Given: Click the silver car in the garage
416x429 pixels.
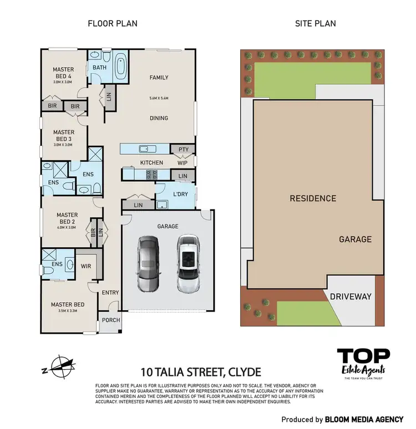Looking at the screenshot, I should (148, 264).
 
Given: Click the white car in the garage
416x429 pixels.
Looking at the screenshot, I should (187, 264).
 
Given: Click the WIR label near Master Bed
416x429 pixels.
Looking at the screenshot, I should (86, 265).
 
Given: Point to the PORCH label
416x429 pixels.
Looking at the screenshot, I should (110, 320).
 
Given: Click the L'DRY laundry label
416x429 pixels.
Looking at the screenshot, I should (180, 195).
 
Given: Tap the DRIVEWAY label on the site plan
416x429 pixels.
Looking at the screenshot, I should (350, 297).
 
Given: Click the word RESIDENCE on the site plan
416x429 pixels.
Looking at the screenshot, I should (313, 198).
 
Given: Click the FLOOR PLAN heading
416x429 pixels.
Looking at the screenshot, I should (113, 23).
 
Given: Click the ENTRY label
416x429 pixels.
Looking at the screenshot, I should (110, 293).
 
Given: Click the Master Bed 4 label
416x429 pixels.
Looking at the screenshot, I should (63, 73).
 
